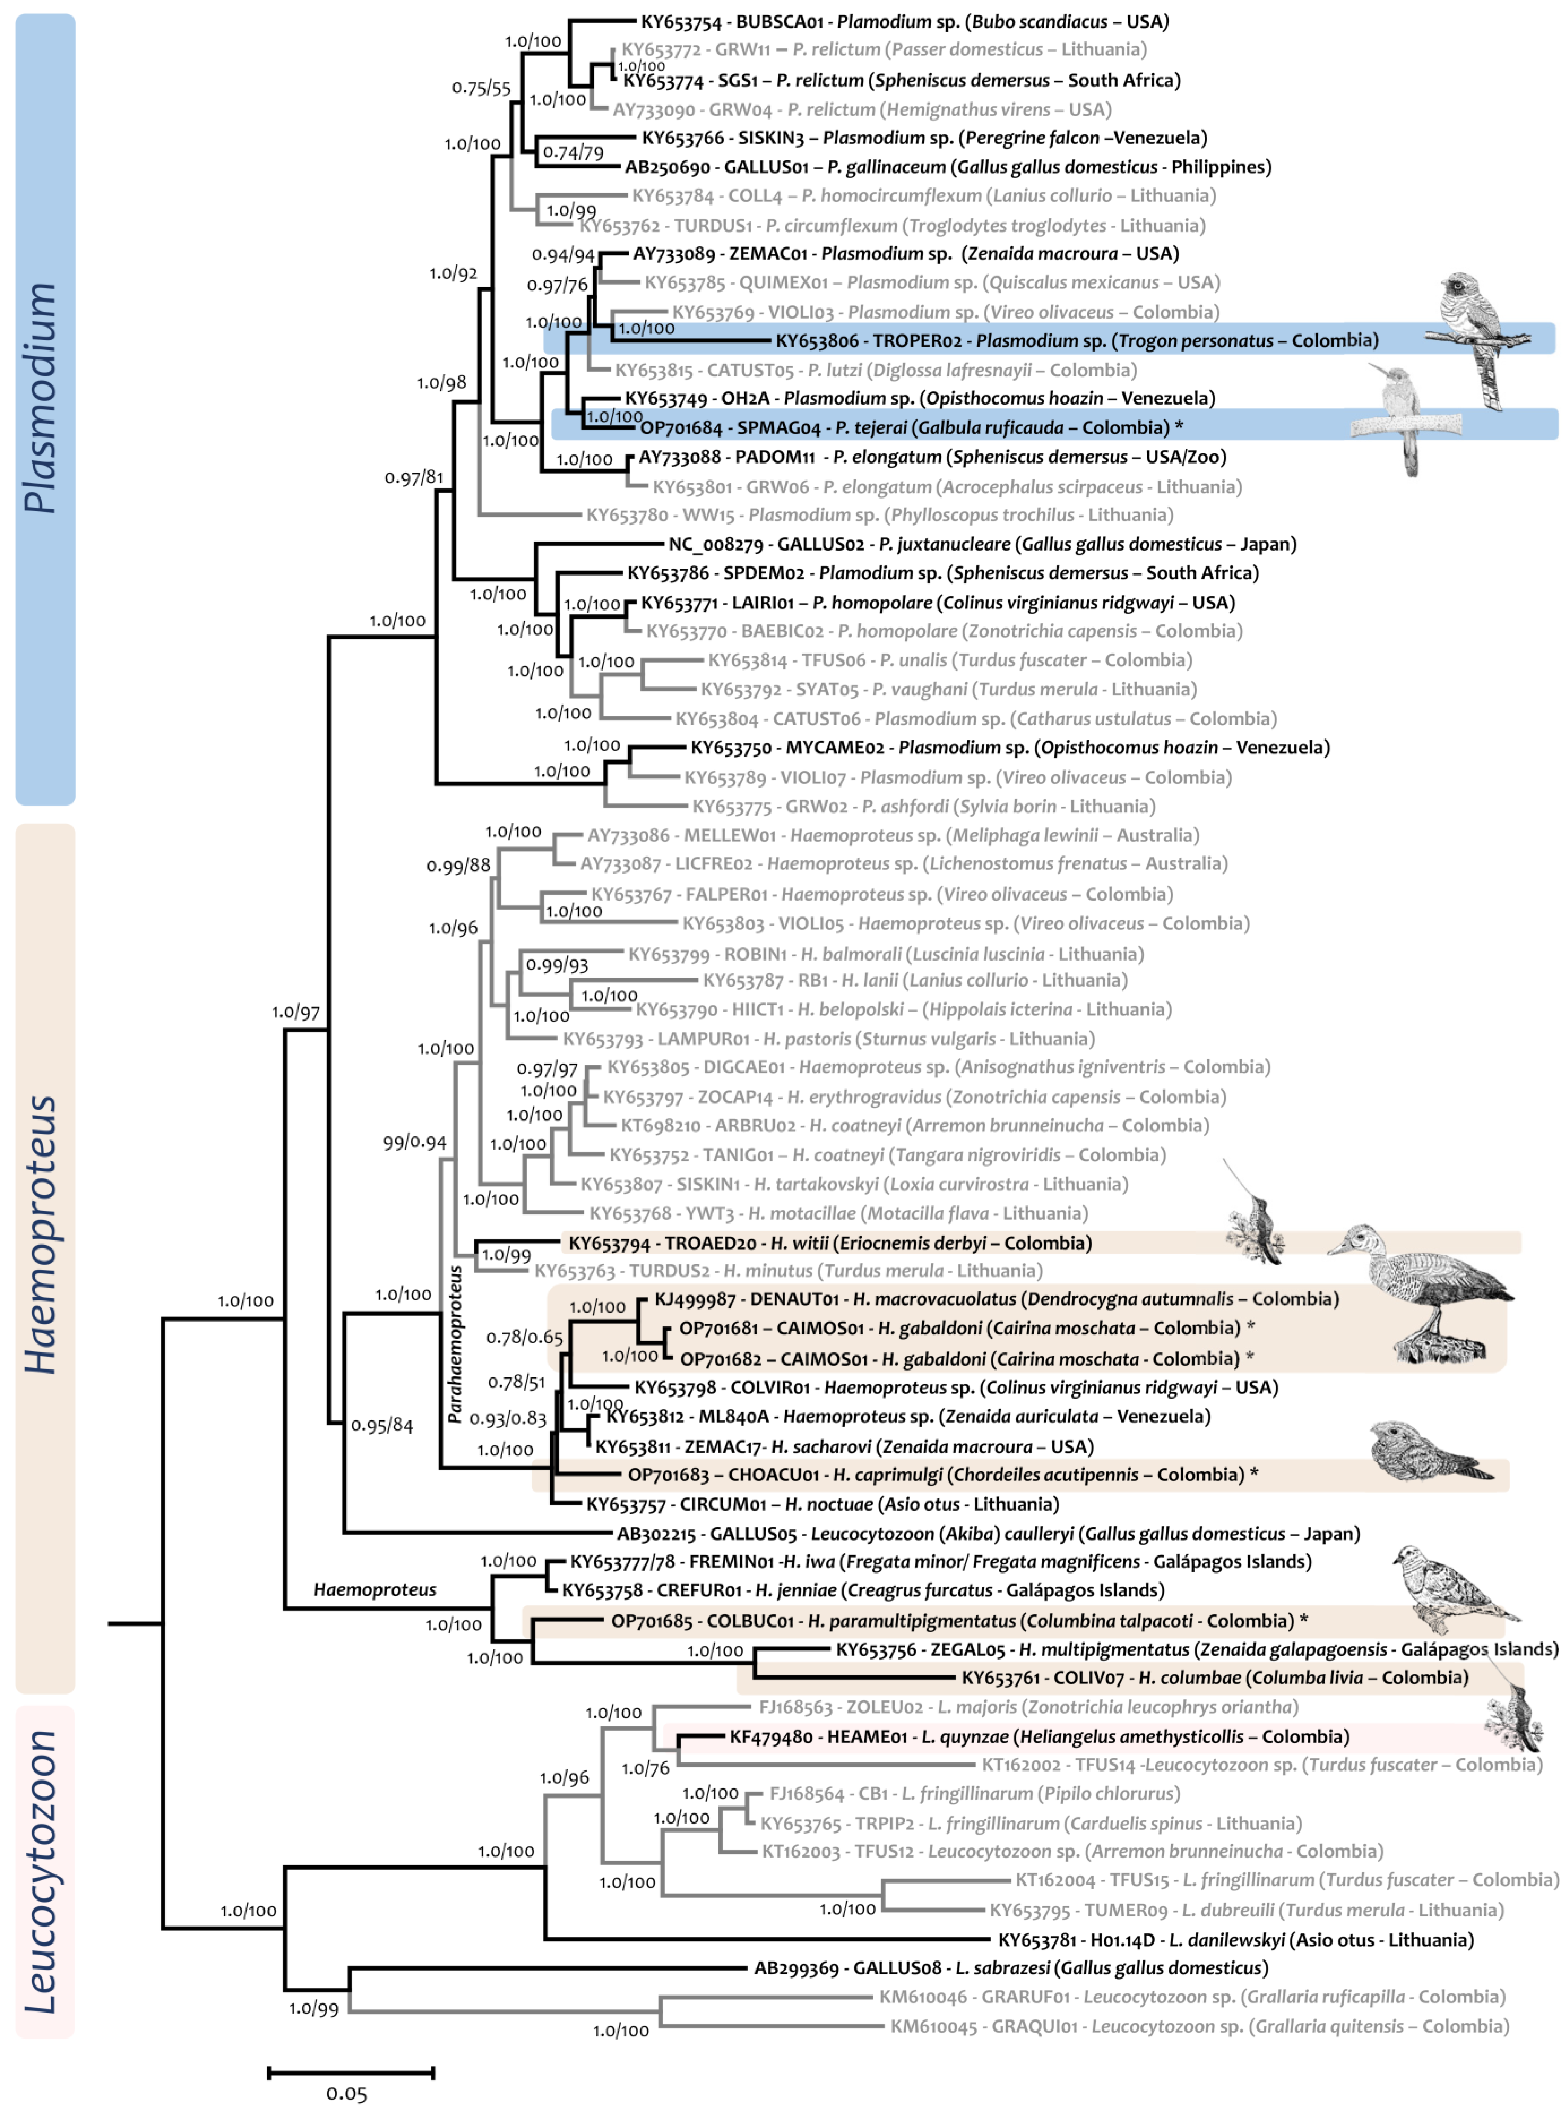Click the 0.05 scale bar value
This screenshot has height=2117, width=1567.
pyautogui.click(x=346, y=2092)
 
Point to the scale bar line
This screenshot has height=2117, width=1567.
pyautogui.click(x=351, y=2071)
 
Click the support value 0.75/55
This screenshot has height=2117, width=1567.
pyautogui.click(x=481, y=88)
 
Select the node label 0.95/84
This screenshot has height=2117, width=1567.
pyautogui.click(x=381, y=1425)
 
